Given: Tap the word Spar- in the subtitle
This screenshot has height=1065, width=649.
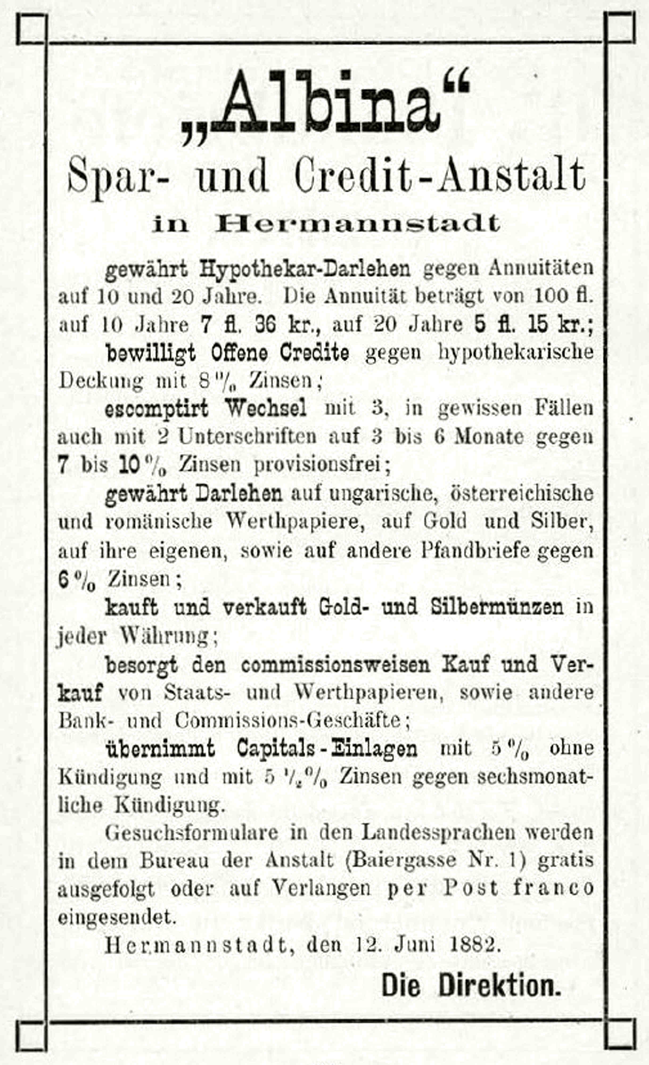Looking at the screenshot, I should click(118, 176).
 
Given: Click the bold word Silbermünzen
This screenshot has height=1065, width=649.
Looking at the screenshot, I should click(497, 607).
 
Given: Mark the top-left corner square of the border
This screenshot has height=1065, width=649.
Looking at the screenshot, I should click(31, 28).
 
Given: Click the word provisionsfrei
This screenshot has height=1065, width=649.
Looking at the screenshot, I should click(322, 465).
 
